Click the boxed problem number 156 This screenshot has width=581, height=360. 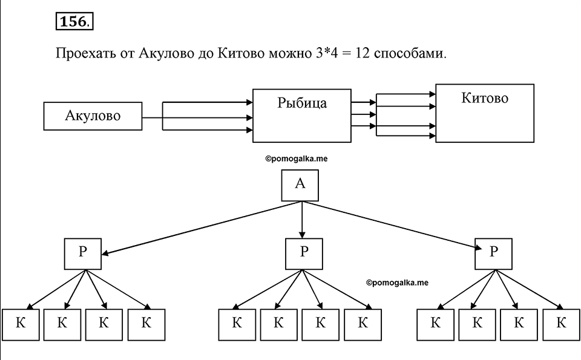point(74,22)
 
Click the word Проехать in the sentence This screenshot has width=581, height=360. point(85,54)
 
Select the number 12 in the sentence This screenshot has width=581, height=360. point(363,53)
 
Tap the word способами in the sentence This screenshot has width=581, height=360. point(410,54)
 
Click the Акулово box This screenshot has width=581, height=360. point(93,116)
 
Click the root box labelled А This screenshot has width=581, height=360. point(300,185)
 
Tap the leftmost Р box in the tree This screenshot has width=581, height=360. point(83,254)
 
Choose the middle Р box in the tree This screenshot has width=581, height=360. point(304,254)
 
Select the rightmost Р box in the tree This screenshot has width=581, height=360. point(494,254)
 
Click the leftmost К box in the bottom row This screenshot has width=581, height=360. point(21,325)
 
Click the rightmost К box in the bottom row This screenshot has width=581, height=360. point(562,325)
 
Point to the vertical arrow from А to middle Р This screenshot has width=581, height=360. point(302,220)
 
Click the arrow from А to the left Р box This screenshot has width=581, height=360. point(202,228)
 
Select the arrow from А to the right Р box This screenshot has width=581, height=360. point(392,225)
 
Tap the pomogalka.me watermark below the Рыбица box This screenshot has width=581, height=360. point(297,159)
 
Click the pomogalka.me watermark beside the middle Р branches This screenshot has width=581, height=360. point(397,283)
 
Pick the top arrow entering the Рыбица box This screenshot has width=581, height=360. point(208,102)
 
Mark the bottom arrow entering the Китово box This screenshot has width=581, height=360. point(405,136)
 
